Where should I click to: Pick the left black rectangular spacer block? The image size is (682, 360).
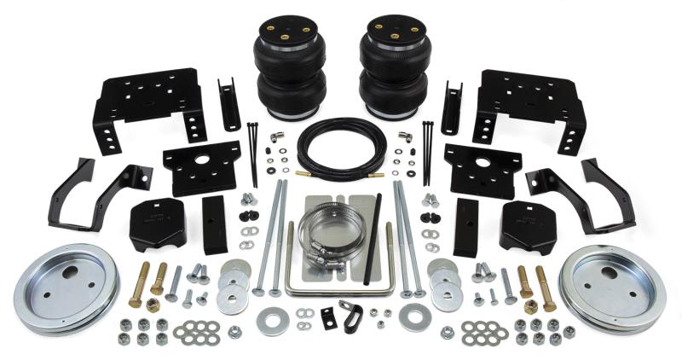tap(214, 224)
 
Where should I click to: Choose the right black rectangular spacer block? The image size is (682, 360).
tap(466, 227)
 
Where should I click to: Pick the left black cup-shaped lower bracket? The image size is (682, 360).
tap(159, 224)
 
